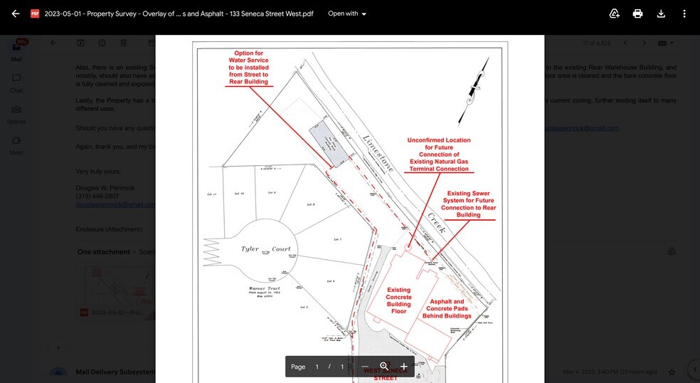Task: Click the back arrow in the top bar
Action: (x=16, y=14)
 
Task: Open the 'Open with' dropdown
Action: (x=347, y=14)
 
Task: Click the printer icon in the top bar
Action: (x=637, y=14)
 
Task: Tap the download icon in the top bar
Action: (x=661, y=14)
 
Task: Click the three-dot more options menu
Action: (x=684, y=14)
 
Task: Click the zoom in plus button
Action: (x=403, y=367)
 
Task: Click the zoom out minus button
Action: (x=365, y=367)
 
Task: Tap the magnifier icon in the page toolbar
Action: (x=384, y=367)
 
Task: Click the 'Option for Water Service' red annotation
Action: (x=248, y=68)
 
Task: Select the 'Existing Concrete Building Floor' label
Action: (x=398, y=300)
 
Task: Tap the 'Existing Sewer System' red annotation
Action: (x=468, y=204)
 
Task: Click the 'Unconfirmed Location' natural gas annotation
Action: (x=439, y=154)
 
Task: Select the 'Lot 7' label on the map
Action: (x=337, y=239)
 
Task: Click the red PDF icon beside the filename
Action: (x=34, y=14)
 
